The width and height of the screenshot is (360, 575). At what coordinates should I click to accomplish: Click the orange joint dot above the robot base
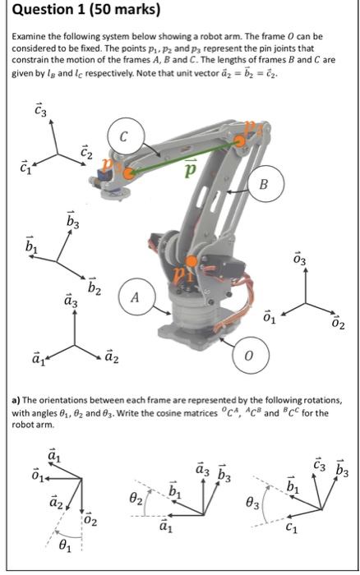click(x=192, y=263)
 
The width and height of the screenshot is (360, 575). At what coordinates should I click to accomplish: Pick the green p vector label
click(x=190, y=168)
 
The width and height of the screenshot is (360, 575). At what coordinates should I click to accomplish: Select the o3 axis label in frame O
click(x=302, y=260)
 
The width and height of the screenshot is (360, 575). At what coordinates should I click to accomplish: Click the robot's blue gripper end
click(x=107, y=173)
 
